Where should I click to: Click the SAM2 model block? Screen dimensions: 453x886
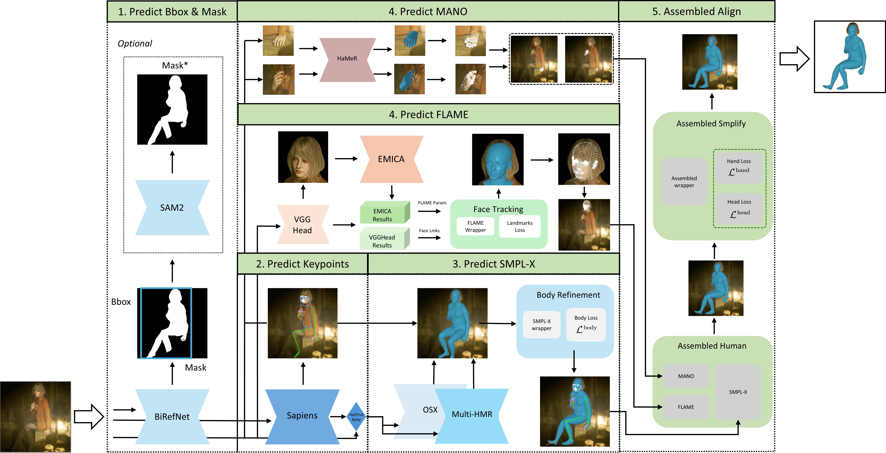[172, 208]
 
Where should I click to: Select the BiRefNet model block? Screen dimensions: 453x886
[172, 417]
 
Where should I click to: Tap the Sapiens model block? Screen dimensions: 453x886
[302, 415]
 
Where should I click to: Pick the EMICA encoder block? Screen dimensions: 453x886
[391, 159]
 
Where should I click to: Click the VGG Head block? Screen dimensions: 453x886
[302, 225]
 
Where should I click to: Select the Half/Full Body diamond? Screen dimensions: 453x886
[356, 417]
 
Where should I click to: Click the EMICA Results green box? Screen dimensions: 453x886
[382, 215]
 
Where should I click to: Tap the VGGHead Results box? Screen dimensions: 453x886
[382, 241]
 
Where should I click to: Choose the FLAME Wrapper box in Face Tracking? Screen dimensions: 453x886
[475, 226]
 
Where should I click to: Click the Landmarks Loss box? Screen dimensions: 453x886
[520, 226]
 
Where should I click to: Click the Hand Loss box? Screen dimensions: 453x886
[739, 167]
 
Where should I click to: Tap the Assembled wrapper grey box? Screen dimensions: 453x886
[684, 182]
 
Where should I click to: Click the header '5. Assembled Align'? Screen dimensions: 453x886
[696, 11]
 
